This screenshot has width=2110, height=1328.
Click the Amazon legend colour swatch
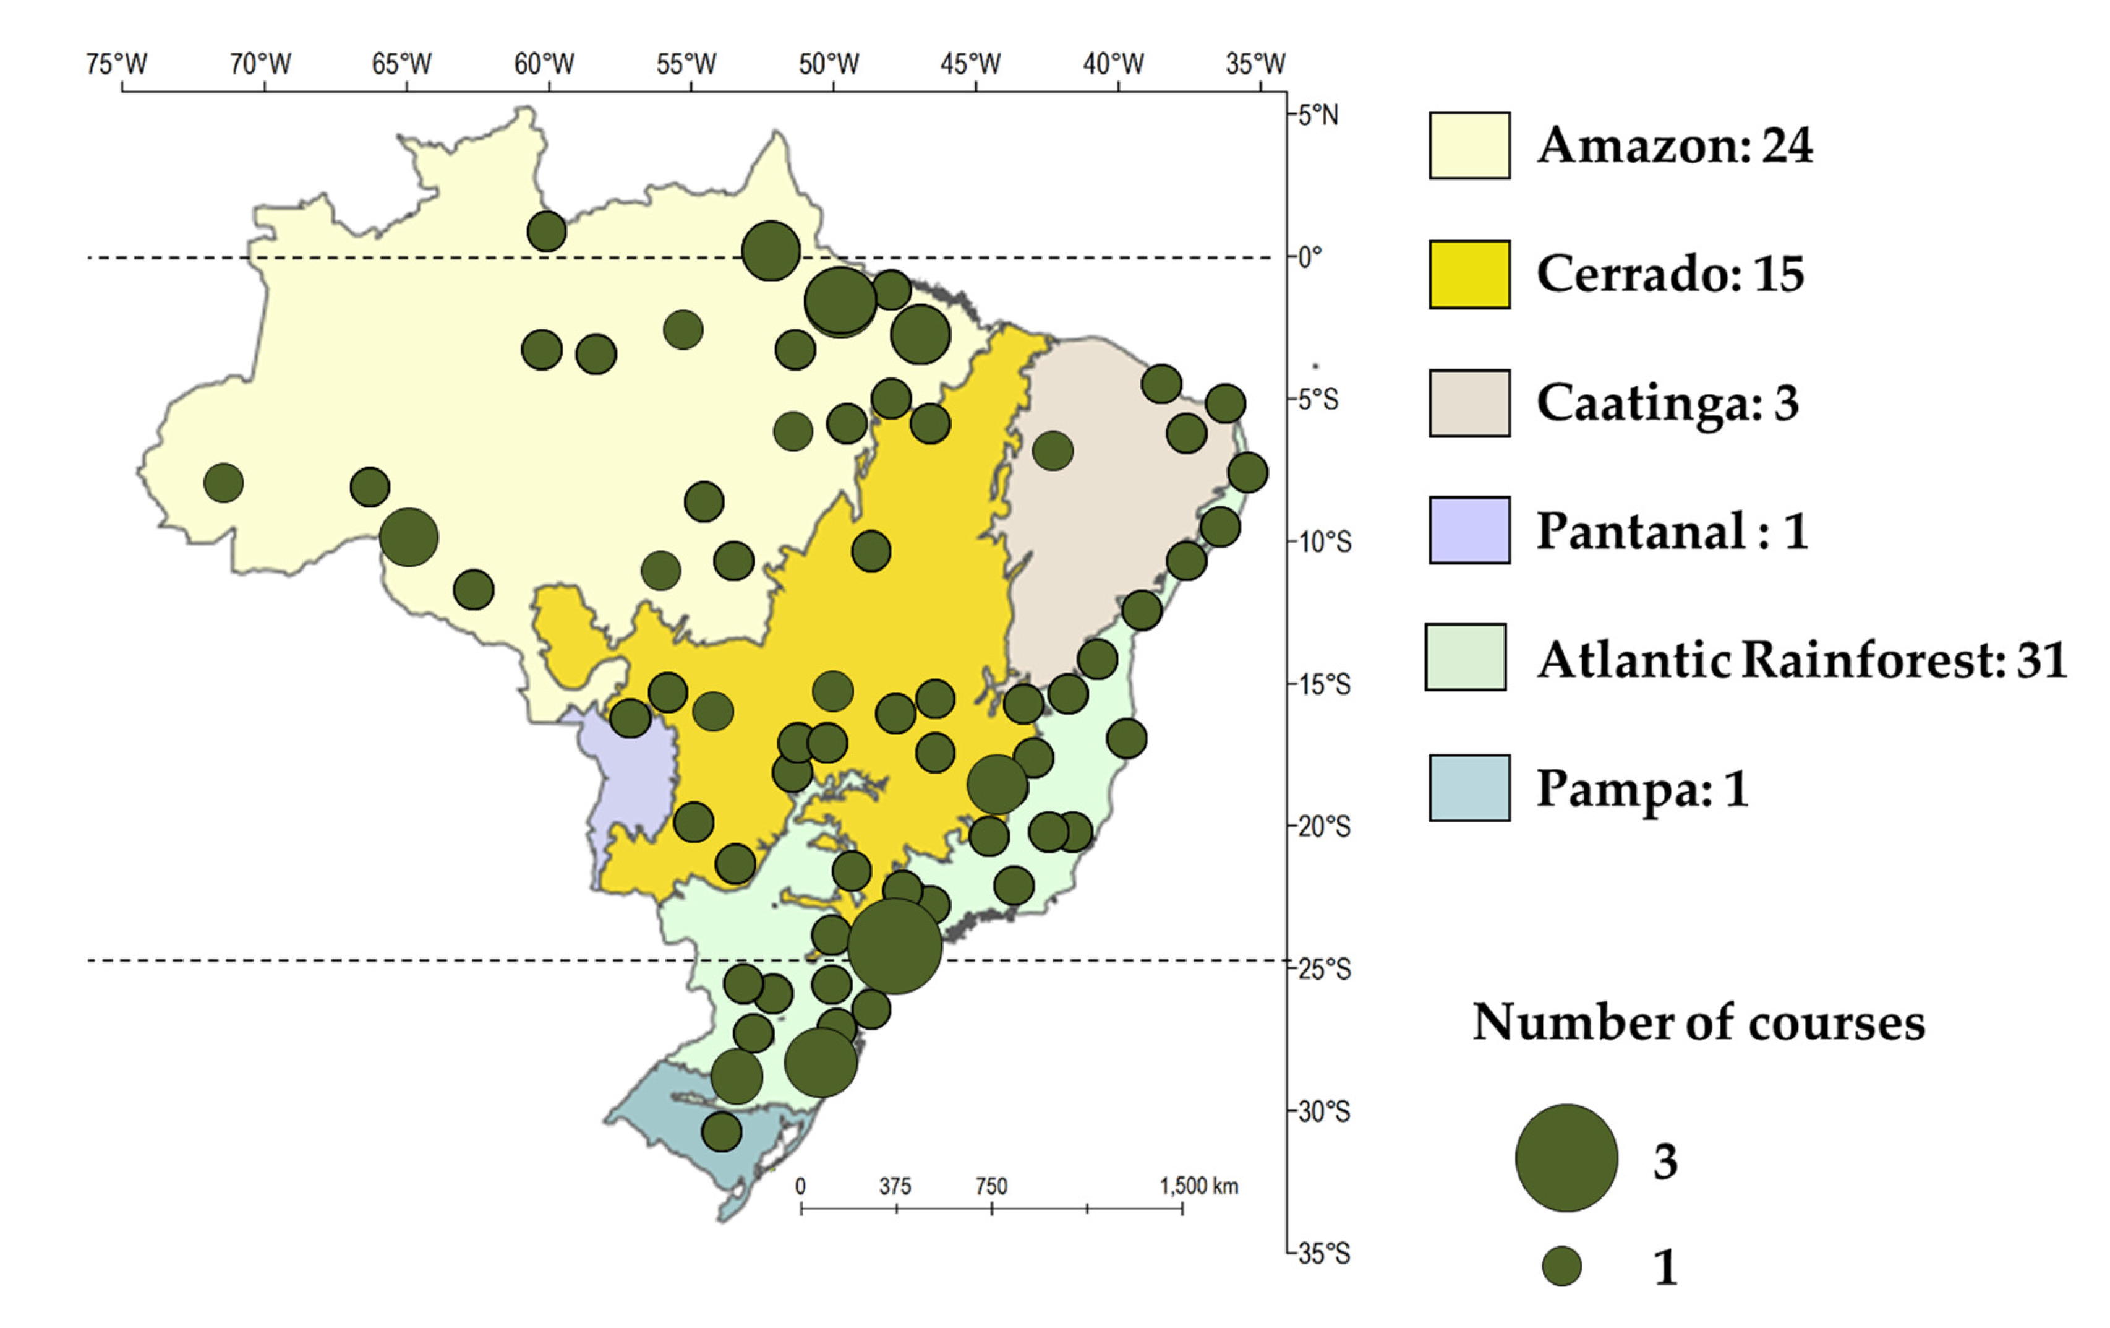[1469, 145]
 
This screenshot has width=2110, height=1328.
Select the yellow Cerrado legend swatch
[1469, 274]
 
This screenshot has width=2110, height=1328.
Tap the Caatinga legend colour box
[1469, 403]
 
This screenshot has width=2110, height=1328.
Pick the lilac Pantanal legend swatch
[1469, 530]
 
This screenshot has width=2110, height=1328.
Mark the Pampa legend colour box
[1469, 787]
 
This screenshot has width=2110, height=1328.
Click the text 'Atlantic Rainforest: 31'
[1801, 660]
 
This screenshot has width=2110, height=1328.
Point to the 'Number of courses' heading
[1698, 1022]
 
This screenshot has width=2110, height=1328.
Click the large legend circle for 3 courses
[1566, 1158]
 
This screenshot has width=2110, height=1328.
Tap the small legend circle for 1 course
[1561, 1267]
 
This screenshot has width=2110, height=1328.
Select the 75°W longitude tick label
[116, 64]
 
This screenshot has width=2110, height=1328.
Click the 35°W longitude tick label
[1255, 64]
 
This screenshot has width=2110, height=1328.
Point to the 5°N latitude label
[1318, 115]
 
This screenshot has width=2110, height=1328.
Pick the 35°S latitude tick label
[1323, 1254]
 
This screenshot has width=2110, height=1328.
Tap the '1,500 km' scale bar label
[1198, 1186]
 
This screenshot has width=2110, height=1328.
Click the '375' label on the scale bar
[895, 1186]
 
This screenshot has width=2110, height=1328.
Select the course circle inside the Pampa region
[721, 1132]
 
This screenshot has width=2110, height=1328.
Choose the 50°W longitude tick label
[829, 64]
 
